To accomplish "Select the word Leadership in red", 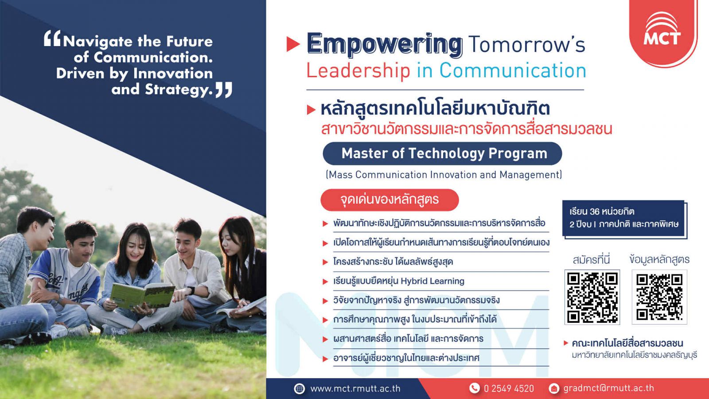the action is (358, 70).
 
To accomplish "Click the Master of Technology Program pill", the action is (442, 153).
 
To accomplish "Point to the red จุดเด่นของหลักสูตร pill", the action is (390, 200).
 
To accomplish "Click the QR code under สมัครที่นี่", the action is (592, 297).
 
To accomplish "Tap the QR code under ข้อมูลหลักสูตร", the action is (659, 297).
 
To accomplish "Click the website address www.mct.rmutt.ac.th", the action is (355, 388).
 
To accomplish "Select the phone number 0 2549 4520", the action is (509, 388).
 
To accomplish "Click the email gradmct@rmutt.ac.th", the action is (608, 388).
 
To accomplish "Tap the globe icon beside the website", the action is (300, 388).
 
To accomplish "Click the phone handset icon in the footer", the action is (474, 388).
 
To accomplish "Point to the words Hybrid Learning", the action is (432, 281).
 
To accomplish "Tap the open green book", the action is (142, 295).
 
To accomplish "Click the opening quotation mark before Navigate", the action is (52, 39).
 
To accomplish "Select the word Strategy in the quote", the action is (179, 90).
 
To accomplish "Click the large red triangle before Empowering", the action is (293, 44).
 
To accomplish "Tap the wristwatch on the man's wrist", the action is (191, 290).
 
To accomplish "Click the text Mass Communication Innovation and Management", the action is (444, 175).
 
